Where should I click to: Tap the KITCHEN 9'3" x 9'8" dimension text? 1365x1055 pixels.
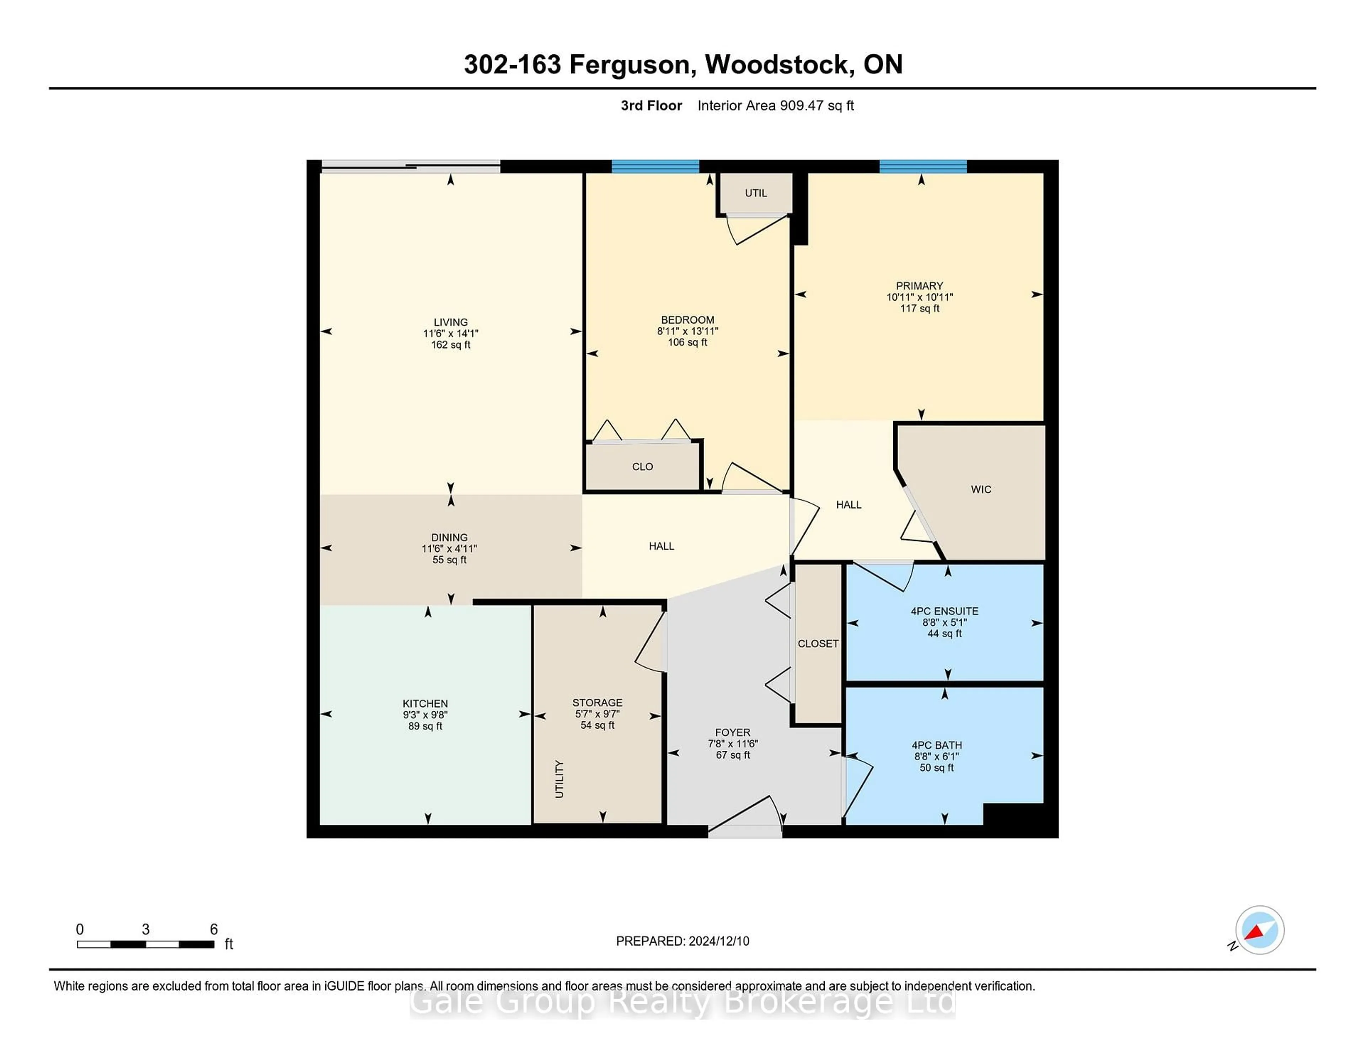tap(425, 715)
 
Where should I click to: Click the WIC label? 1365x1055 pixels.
tap(981, 489)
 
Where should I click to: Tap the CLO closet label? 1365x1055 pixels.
tap(642, 467)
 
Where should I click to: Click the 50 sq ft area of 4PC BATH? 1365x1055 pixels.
tap(936, 767)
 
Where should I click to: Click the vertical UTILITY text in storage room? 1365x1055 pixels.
tap(560, 779)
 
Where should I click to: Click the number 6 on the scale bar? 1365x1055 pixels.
tap(214, 930)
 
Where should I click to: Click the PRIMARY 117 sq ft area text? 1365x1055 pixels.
tap(919, 308)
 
